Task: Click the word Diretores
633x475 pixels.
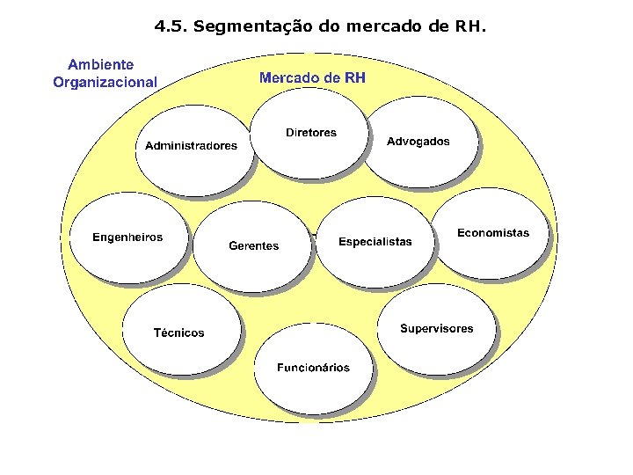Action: (x=310, y=133)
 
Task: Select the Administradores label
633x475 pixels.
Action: (x=191, y=146)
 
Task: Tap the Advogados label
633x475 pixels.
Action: (x=418, y=142)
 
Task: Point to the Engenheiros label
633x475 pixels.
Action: (x=127, y=237)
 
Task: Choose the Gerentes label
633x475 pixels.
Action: (x=253, y=246)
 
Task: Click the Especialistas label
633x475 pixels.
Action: (x=375, y=242)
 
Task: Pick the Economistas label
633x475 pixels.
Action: (x=493, y=233)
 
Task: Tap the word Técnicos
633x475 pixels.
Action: (x=178, y=333)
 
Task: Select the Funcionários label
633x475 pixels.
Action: (x=313, y=368)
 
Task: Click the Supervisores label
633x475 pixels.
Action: (x=436, y=329)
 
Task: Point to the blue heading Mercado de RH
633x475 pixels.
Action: (x=312, y=78)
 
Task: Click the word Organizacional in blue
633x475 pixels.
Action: (x=105, y=83)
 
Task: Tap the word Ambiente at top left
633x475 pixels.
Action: (x=101, y=65)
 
